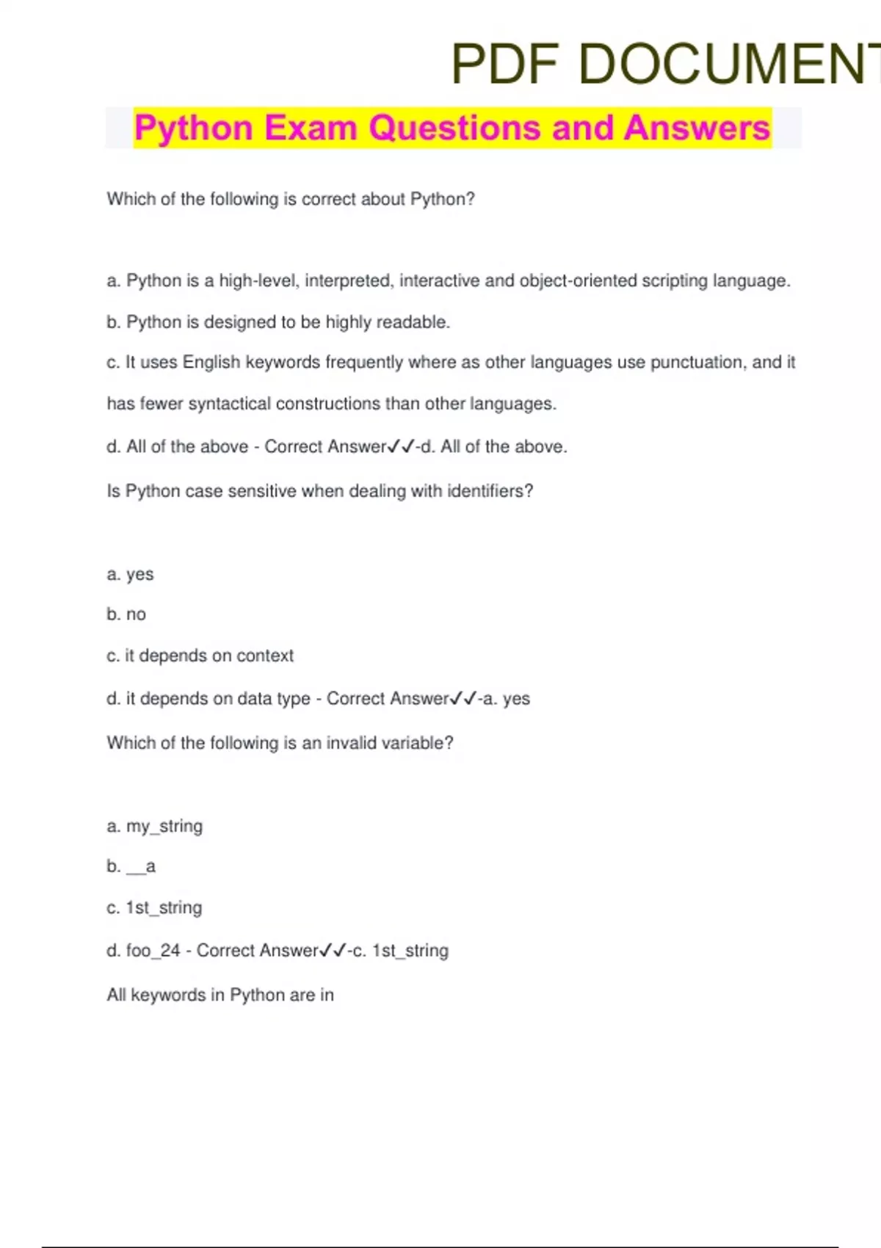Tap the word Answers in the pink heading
[697, 128]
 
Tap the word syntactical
[230, 404]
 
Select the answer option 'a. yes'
[130, 574]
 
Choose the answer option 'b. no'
[126, 614]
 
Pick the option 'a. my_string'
[154, 827]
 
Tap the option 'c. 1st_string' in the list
[154, 908]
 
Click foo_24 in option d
[153, 951]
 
